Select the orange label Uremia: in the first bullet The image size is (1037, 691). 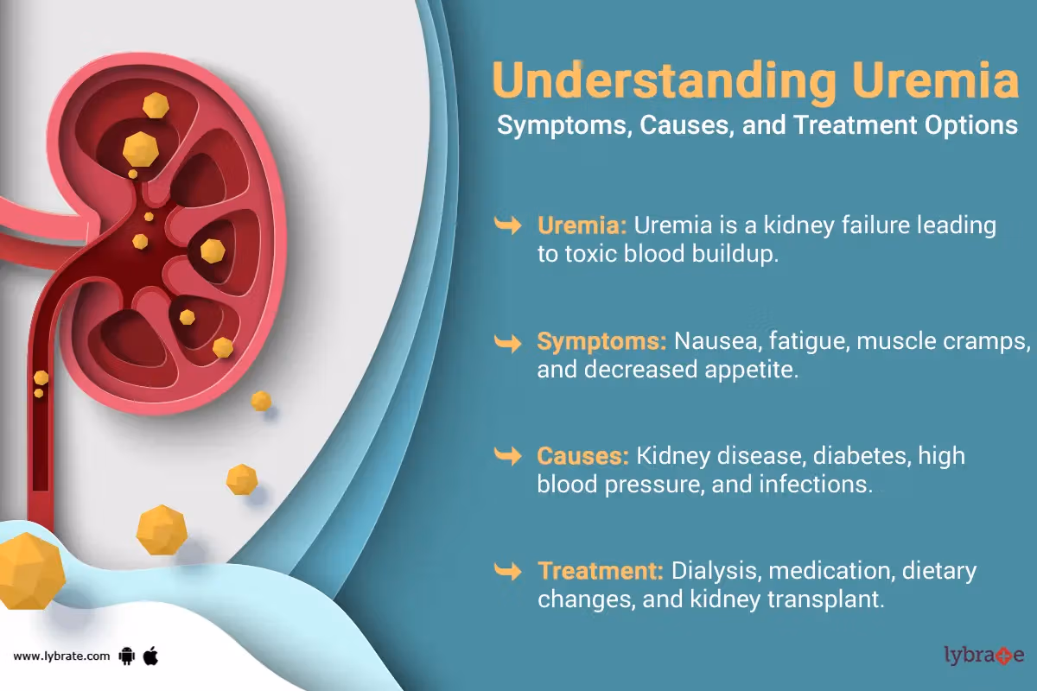click(582, 225)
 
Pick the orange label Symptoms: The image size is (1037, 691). click(601, 342)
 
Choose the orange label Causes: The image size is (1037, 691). click(582, 456)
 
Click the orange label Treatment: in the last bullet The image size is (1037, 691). click(601, 571)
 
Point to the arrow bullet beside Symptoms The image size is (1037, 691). click(508, 343)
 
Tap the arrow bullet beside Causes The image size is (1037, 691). click(508, 456)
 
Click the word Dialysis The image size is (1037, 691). click(716, 572)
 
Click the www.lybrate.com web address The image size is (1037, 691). click(61, 656)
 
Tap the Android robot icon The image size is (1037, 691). click(126, 656)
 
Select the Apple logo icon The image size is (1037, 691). click(150, 656)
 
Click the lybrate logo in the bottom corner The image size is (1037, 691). click(983, 655)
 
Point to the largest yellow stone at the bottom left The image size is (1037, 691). click(30, 571)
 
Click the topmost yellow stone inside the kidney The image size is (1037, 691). click(156, 105)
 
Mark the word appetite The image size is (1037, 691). click(751, 371)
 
